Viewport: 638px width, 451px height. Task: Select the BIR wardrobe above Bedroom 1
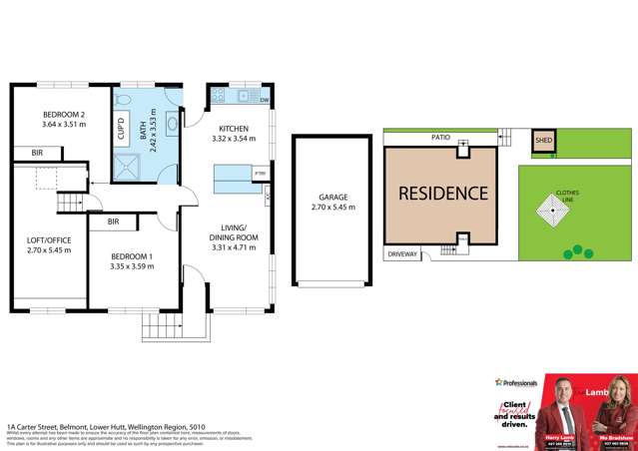pyautogui.click(x=113, y=222)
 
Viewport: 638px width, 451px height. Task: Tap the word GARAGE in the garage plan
pyautogui.click(x=328, y=198)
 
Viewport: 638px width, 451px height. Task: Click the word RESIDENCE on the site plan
pyautogui.click(x=443, y=193)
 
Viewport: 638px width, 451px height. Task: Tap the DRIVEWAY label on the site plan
pyautogui.click(x=402, y=254)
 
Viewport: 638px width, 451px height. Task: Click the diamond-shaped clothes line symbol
pyautogui.click(x=552, y=209)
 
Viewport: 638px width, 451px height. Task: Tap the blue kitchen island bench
pyautogui.click(x=232, y=179)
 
